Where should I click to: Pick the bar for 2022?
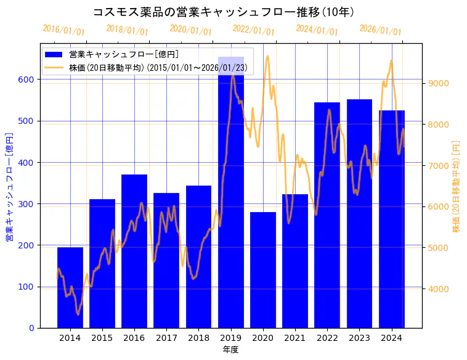pos(327,215)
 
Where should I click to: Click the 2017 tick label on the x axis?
pos(166,337)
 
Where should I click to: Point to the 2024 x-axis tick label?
pos(392,337)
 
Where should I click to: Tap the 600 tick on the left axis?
pos(28,80)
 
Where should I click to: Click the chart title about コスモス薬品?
pos(223,12)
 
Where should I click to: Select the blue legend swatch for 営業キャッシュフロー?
pos(56,54)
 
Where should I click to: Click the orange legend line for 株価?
pos(56,67)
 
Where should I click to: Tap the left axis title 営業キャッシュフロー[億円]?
pos(9,187)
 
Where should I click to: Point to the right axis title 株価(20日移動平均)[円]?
pos(457,186)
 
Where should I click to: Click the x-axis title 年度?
pos(230,350)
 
